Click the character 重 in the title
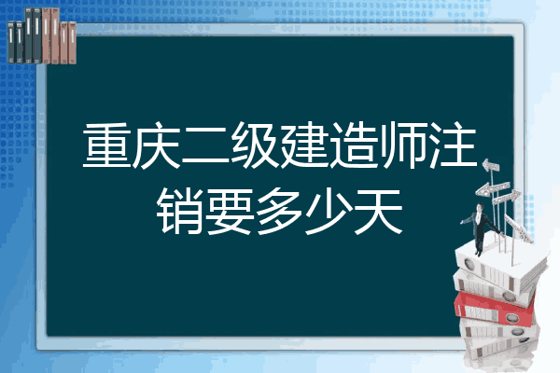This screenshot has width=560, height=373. click(106, 145)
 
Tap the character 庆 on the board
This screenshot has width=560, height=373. click(157, 145)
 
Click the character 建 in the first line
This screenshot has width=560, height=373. click(304, 145)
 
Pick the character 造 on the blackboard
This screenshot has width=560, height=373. click(355, 145)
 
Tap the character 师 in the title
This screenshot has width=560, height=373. click(403, 145)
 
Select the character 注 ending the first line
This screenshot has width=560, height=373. click(454, 145)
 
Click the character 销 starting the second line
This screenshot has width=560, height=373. click(181, 211)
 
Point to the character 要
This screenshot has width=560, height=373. click(231, 211)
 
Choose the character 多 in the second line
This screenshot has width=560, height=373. click(280, 211)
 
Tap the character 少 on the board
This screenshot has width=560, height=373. click(329, 211)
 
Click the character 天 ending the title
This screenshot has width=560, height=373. click(379, 211)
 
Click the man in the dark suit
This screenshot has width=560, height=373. click(481, 228)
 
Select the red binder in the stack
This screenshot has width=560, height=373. click(495, 309)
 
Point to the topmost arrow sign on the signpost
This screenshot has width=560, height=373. click(491, 166)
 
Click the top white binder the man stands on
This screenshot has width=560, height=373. click(500, 266)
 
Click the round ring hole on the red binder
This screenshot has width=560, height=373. click(511, 317)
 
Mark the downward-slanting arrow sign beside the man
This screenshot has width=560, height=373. click(518, 228)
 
